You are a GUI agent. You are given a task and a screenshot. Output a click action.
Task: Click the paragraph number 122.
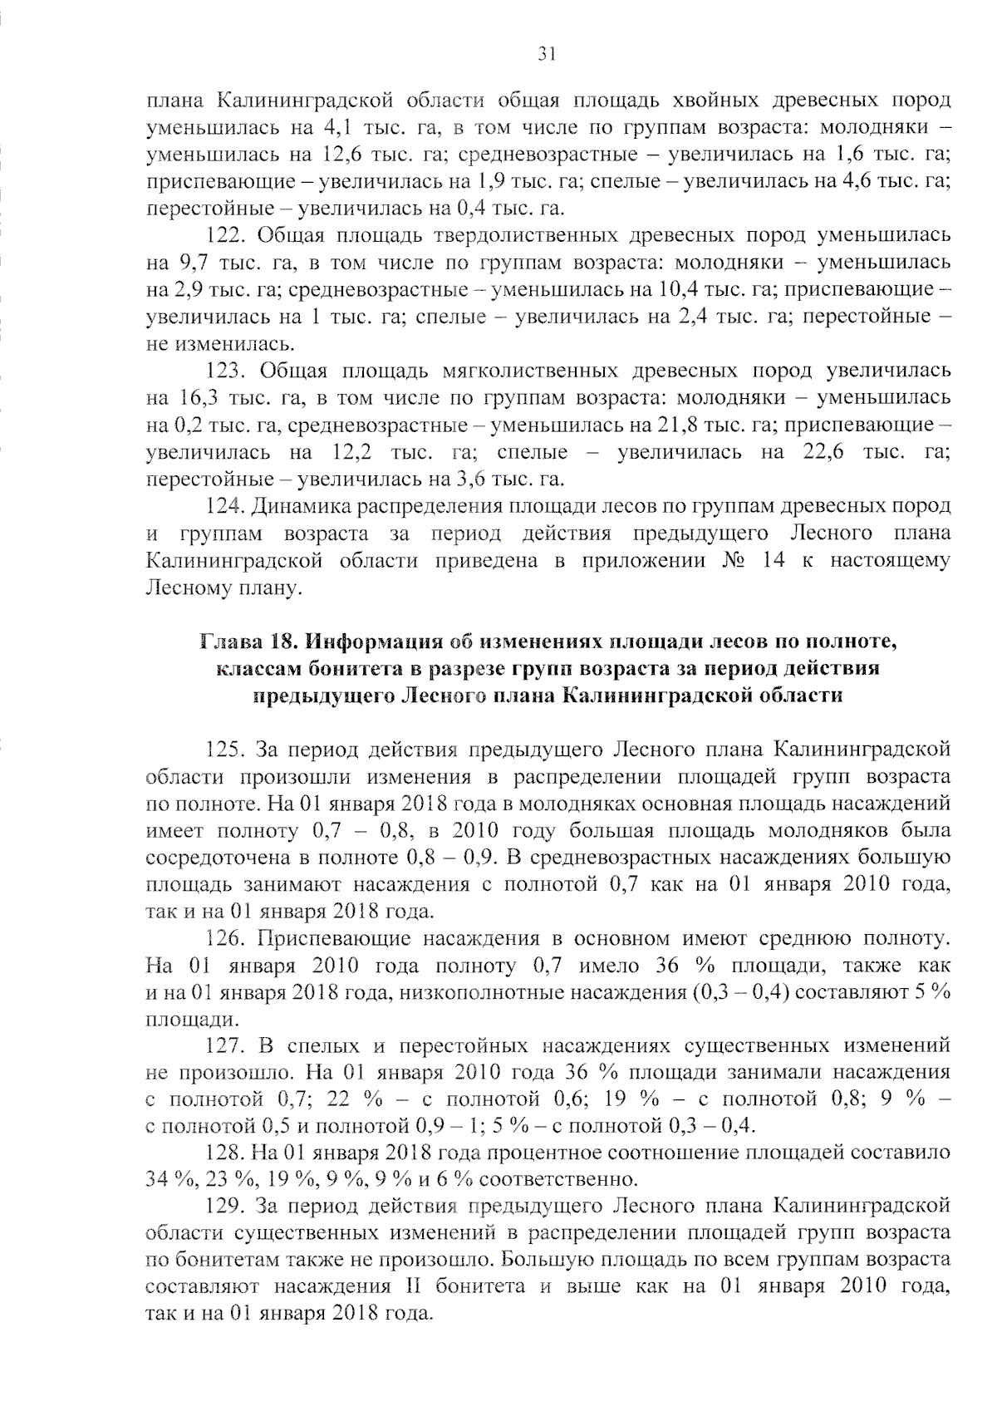224,235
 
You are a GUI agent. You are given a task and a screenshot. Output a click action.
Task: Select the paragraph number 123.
224,371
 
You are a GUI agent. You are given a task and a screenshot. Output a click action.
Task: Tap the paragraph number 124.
224,506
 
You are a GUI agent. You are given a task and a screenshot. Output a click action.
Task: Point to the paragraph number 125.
224,750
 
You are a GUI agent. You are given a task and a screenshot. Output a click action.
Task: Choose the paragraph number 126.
224,939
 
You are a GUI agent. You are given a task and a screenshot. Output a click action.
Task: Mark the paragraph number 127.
224,1045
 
